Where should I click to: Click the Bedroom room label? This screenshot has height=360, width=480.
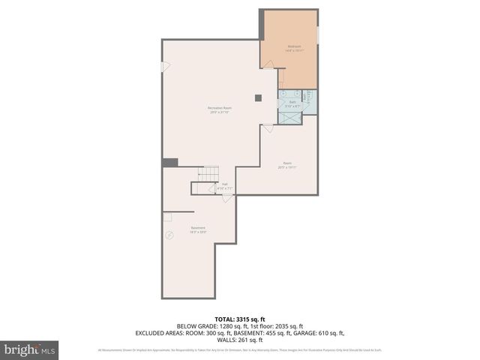293,46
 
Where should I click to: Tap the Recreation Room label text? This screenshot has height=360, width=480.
219,108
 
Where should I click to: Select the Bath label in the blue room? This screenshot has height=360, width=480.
292,103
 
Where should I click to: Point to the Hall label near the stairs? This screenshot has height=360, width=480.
225,184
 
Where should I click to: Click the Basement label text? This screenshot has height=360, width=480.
198,227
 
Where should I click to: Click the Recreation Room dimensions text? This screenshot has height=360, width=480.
219,112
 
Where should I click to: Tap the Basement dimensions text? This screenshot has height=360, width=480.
198,232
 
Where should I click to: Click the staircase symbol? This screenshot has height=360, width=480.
207,174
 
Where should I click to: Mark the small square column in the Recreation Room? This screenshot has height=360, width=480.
258,97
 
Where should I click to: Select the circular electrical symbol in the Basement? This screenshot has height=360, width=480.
169,235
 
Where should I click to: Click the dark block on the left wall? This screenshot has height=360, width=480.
170,163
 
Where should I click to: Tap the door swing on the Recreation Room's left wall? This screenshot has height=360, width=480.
166,66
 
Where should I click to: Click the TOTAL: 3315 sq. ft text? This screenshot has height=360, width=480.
240,319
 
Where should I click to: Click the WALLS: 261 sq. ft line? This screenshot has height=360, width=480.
240,339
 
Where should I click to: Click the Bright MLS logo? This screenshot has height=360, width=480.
30,349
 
